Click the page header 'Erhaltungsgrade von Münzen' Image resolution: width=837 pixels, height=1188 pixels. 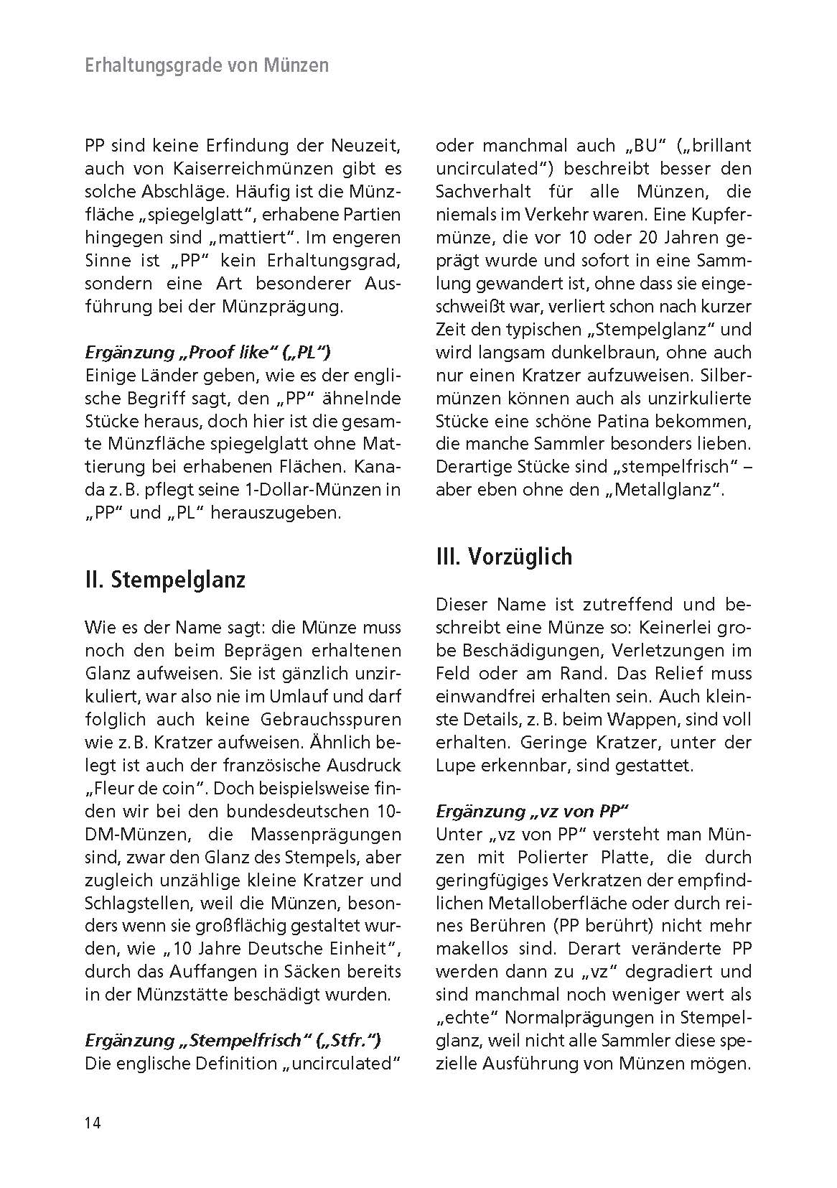point(207,65)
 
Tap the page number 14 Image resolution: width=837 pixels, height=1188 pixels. point(93,1123)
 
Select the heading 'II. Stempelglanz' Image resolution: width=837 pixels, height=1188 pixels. point(165,579)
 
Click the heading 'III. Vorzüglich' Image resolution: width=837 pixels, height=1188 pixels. point(504,556)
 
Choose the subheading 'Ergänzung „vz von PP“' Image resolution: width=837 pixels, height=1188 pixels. point(532,811)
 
